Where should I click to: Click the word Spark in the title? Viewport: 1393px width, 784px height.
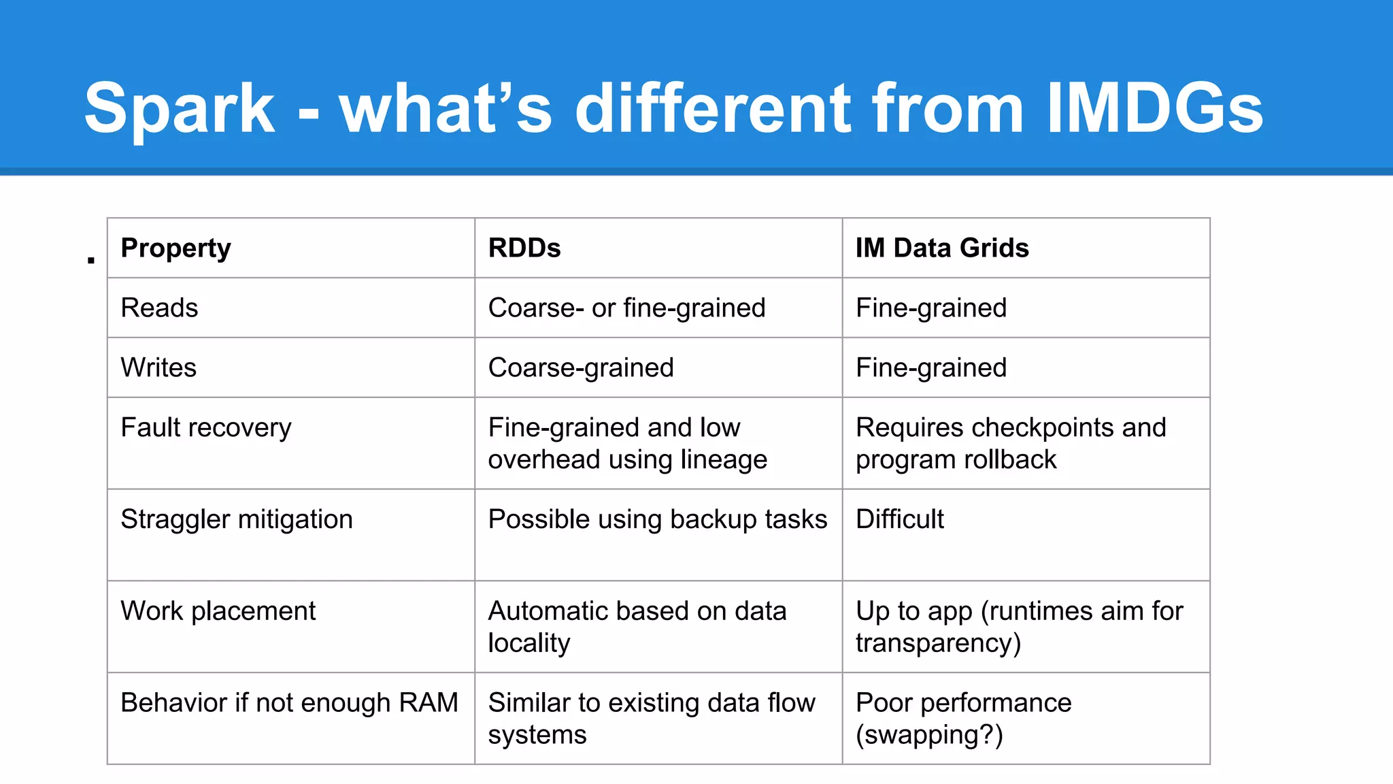pyautogui.click(x=180, y=109)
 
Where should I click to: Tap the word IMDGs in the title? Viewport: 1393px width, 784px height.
pyautogui.click(x=1154, y=109)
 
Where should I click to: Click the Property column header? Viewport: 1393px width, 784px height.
pyautogui.click(x=175, y=248)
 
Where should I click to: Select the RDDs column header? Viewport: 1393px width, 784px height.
pyautogui.click(x=524, y=248)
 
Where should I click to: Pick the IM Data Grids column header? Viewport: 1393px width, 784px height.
pyautogui.click(x=941, y=248)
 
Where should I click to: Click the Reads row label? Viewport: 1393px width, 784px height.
pyautogui.click(x=159, y=308)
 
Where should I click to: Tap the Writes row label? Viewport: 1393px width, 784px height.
pyautogui.click(x=158, y=368)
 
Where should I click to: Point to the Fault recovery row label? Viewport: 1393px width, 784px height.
pyautogui.click(x=205, y=428)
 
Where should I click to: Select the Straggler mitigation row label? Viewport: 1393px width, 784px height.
pyautogui.click(x=237, y=520)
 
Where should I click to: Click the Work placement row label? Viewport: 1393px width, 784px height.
pyautogui.click(x=218, y=611)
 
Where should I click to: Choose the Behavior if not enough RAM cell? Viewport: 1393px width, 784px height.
pyautogui.click(x=289, y=703)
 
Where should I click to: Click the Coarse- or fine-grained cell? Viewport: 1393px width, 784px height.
pyautogui.click(x=626, y=308)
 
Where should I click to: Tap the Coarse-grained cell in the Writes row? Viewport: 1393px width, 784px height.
pyautogui.click(x=581, y=368)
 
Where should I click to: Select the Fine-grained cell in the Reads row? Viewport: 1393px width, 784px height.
pyautogui.click(x=930, y=308)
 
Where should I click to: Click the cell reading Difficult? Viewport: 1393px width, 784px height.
pyautogui.click(x=899, y=520)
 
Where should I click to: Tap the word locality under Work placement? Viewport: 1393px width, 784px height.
pyautogui.click(x=529, y=643)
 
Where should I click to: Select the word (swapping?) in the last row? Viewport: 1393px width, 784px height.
pyautogui.click(x=929, y=735)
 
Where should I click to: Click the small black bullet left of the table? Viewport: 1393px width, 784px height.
pyautogui.click(x=91, y=260)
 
